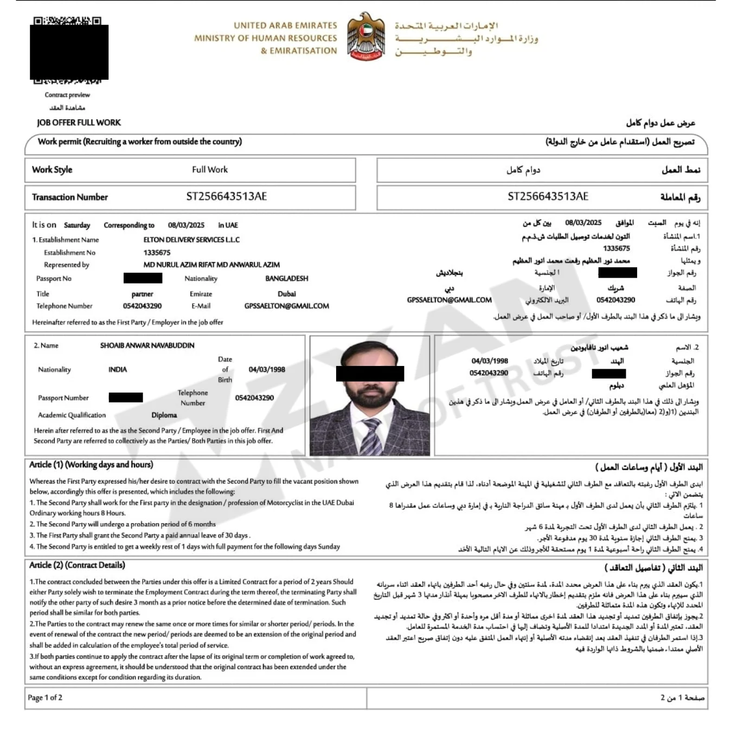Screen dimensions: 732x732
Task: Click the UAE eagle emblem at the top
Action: (x=366, y=36)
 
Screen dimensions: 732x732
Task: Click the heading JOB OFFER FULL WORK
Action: (x=79, y=123)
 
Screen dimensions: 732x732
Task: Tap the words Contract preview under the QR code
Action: (x=67, y=95)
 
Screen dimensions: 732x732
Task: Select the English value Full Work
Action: (x=210, y=170)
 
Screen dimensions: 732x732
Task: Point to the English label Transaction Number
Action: (x=70, y=197)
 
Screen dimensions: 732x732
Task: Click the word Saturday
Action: (x=77, y=226)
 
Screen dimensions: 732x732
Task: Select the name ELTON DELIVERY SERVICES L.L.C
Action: (x=191, y=240)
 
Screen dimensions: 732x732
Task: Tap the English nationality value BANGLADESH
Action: (x=286, y=279)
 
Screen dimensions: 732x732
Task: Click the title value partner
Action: (x=142, y=294)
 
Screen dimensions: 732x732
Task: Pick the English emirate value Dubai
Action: (x=286, y=294)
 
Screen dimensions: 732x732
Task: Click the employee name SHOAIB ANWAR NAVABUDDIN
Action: (x=147, y=345)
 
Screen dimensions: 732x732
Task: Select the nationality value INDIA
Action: (x=118, y=370)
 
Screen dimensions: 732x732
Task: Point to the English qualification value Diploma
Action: (x=164, y=415)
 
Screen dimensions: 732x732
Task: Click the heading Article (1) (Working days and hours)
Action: (x=91, y=465)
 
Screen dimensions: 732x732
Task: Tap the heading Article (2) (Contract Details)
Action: (x=77, y=565)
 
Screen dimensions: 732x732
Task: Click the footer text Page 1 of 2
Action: (x=45, y=698)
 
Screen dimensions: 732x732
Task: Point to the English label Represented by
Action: (x=66, y=265)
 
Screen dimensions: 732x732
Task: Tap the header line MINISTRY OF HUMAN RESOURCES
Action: (x=265, y=38)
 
